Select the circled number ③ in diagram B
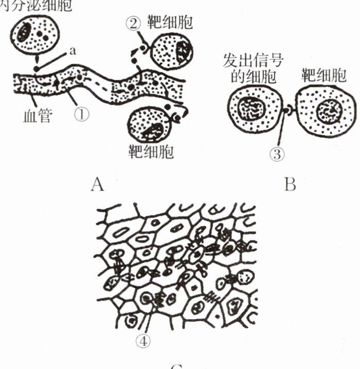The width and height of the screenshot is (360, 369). click(x=276, y=154)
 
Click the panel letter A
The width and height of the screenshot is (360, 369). click(x=97, y=183)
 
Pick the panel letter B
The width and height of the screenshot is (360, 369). click(x=290, y=183)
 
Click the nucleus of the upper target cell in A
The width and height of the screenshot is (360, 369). click(x=184, y=51)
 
